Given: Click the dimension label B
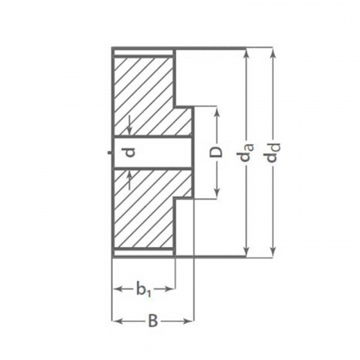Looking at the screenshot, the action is click(x=153, y=321).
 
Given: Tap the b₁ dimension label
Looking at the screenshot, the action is click(x=143, y=289).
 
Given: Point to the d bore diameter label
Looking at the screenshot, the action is click(x=130, y=153).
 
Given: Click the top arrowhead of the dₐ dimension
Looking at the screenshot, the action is click(x=246, y=55).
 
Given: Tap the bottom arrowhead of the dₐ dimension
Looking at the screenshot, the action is click(x=246, y=251).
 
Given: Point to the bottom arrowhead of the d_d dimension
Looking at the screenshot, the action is click(x=272, y=253).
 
